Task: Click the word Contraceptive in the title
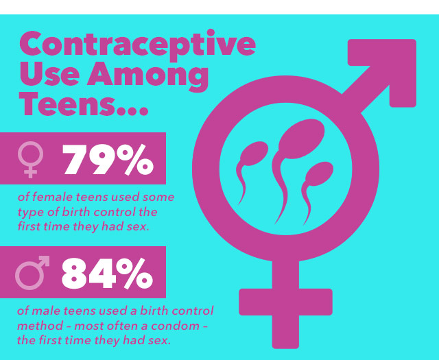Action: (x=137, y=43)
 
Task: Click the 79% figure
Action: (x=108, y=158)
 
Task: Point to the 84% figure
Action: (x=107, y=272)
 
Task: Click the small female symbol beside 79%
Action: (x=32, y=158)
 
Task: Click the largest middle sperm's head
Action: (x=295, y=142)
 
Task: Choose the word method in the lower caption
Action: (x=39, y=324)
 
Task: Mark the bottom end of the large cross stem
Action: (x=285, y=343)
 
